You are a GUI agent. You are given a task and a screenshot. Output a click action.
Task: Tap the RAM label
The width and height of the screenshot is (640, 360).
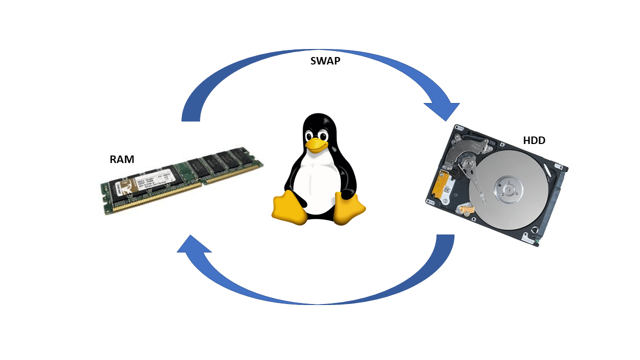pos(122,159)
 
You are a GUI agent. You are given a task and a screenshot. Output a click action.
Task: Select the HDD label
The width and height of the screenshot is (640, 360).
pos(534,140)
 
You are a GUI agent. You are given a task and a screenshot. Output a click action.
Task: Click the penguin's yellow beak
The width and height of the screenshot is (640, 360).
pos(316,145)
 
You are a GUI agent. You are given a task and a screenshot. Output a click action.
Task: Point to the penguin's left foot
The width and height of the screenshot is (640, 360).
pos(289,207)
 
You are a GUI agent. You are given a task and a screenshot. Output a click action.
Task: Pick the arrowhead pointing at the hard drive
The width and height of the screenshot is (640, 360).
pos(442,110)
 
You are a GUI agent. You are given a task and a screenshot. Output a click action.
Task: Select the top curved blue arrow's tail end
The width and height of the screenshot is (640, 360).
pos(191,116)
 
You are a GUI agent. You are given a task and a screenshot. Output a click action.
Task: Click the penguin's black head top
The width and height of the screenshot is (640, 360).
pos(318,120)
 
